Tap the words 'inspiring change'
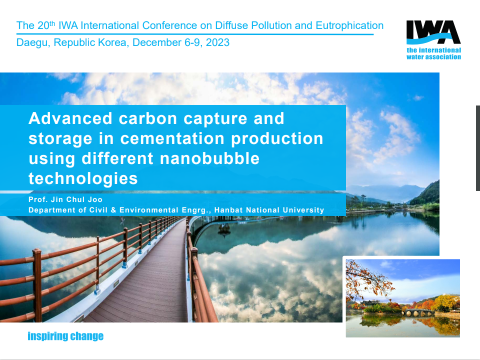point(65,336)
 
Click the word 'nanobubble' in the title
point(209,158)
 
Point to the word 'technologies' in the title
point(83,178)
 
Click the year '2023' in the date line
point(217,42)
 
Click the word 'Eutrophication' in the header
point(349,25)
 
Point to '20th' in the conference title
point(46,25)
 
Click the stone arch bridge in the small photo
point(418,312)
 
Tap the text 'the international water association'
point(434,53)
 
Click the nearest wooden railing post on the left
point(37,284)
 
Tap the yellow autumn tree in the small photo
point(446,302)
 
